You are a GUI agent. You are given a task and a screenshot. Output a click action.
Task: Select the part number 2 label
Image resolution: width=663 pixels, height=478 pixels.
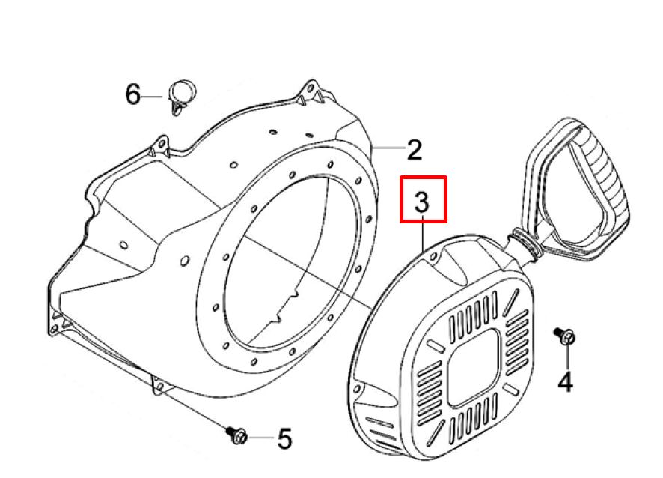tap(415, 149)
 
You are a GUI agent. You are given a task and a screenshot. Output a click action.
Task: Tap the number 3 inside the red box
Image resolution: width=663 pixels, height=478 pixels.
tap(422, 202)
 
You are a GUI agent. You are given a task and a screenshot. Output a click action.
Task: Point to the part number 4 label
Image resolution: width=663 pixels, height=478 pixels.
tap(565, 381)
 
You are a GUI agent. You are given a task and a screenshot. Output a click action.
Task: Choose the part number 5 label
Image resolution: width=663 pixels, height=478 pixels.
tap(285, 438)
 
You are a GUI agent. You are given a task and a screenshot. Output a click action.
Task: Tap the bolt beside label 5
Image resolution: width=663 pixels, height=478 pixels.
tap(236, 435)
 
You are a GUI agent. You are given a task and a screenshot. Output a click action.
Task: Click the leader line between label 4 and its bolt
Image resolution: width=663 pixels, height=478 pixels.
tap(567, 357)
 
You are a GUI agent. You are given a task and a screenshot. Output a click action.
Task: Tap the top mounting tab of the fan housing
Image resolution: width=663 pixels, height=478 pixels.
tap(311, 90)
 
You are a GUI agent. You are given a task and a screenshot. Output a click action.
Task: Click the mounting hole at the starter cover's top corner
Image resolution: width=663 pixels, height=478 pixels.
tap(433, 257)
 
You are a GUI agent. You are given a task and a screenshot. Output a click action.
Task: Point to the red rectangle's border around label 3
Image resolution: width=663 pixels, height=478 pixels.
tap(424, 178)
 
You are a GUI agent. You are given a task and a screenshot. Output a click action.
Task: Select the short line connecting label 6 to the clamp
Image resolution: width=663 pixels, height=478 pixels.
tap(151, 97)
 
